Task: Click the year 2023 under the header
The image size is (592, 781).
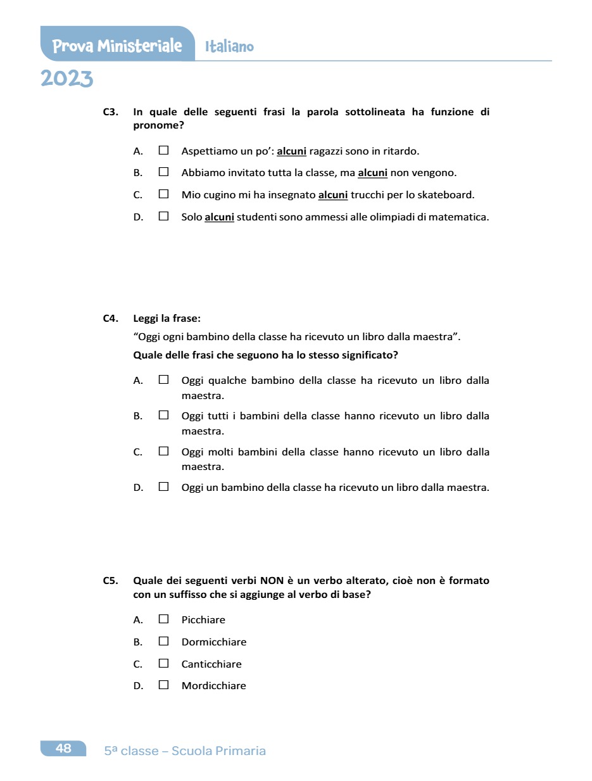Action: pyautogui.click(x=66, y=79)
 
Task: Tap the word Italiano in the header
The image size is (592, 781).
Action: pyautogui.click(x=229, y=47)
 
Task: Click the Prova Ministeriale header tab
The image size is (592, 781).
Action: pyautogui.click(x=117, y=46)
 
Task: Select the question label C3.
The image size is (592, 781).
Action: pyautogui.click(x=111, y=112)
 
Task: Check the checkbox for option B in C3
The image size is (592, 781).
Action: pyautogui.click(x=164, y=172)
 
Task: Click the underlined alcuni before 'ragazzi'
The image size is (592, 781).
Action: pyautogui.click(x=291, y=151)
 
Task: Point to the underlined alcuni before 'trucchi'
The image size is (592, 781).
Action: pyautogui.click(x=333, y=195)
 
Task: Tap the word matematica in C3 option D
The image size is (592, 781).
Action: pyautogui.click(x=462, y=217)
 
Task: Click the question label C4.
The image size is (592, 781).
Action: pyautogui.click(x=111, y=319)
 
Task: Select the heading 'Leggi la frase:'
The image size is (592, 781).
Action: pyautogui.click(x=167, y=319)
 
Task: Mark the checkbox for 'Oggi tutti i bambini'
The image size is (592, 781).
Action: pyautogui.click(x=164, y=416)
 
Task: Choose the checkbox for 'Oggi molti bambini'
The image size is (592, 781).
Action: pyautogui.click(x=164, y=452)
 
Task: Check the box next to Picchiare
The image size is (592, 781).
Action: pyautogui.click(x=164, y=619)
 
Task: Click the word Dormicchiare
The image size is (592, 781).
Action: pyautogui.click(x=214, y=642)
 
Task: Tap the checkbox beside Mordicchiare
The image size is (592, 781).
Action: pyautogui.click(x=164, y=685)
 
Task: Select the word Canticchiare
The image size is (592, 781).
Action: pyautogui.click(x=211, y=664)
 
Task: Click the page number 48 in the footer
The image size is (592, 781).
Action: pyautogui.click(x=63, y=749)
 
